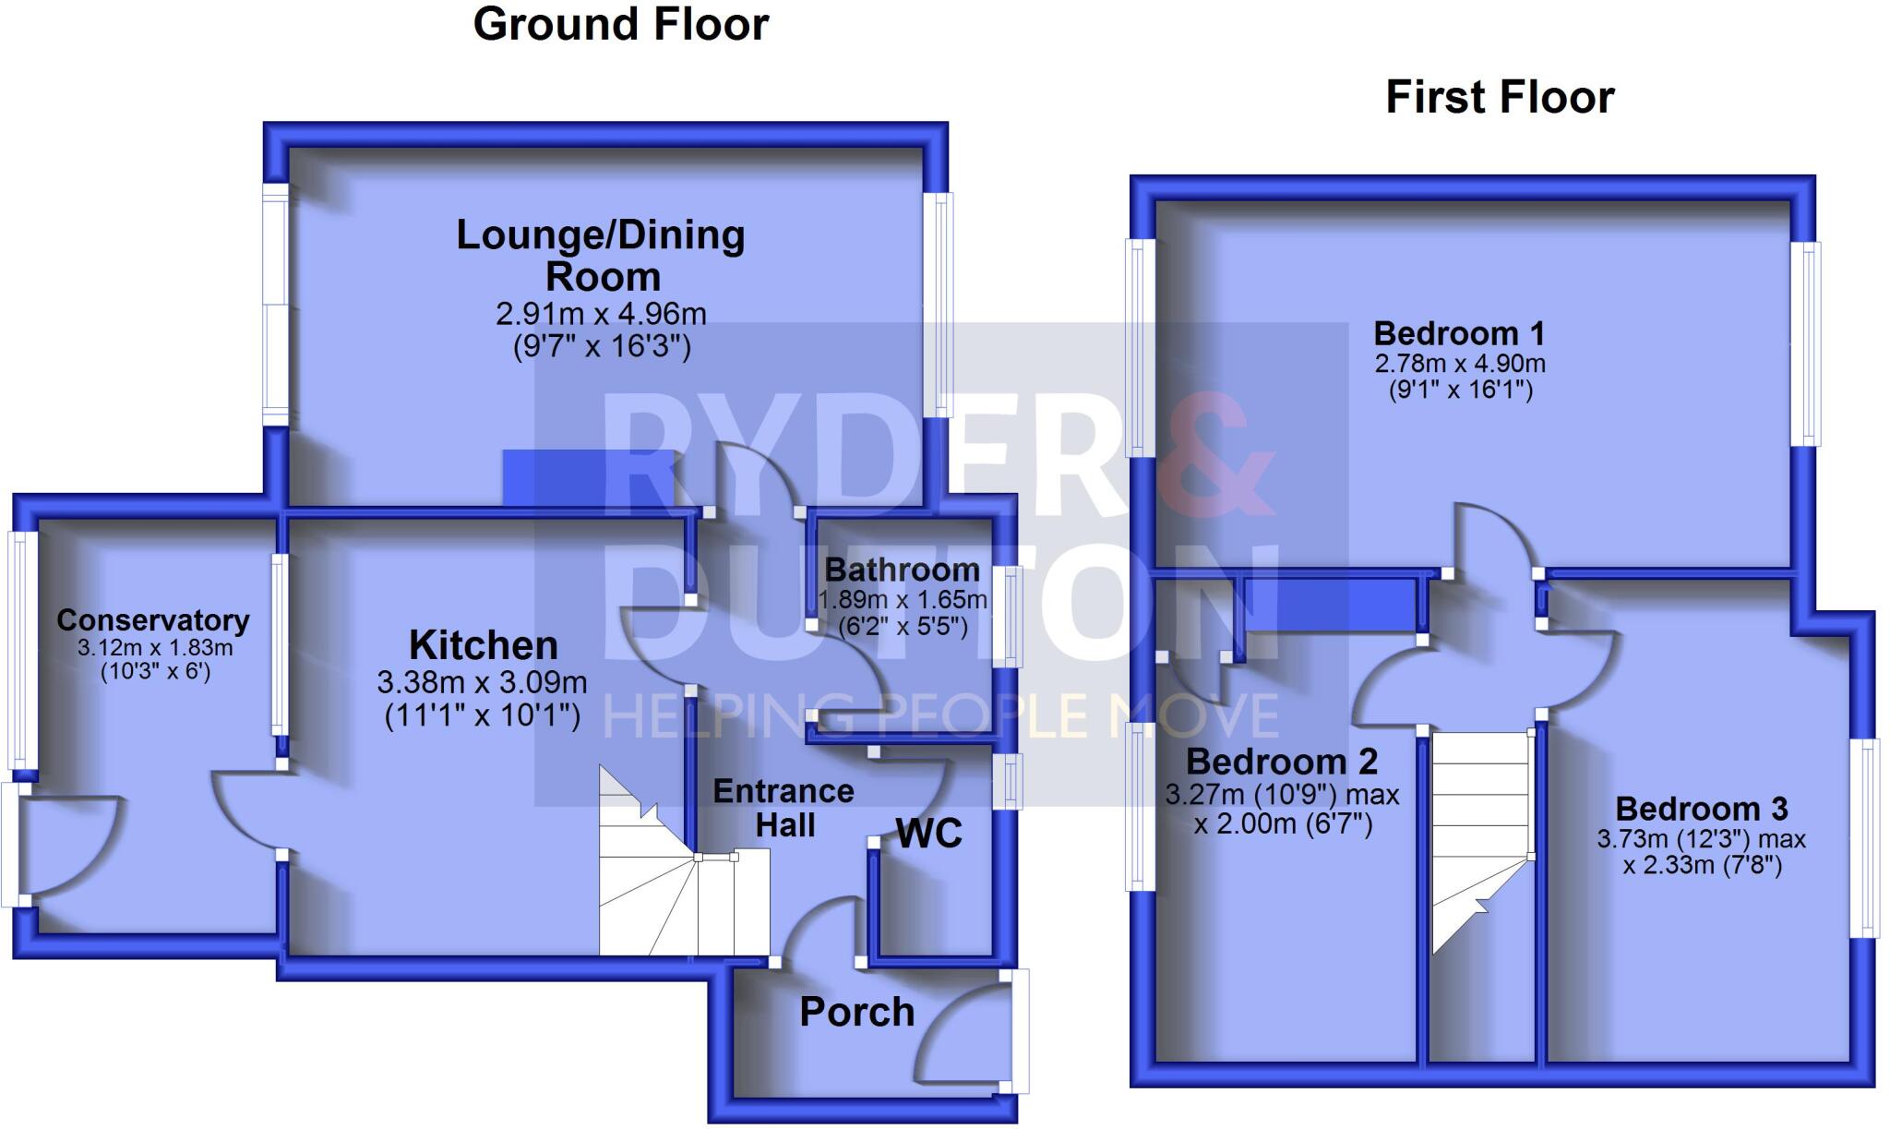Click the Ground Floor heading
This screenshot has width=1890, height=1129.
pos(620,24)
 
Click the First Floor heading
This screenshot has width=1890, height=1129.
pos(1500,98)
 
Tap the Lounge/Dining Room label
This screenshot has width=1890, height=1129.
pos(601,255)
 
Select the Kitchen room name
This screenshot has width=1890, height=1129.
pos(484,644)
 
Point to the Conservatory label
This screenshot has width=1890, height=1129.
pos(153,620)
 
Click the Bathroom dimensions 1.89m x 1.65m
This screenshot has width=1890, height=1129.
pos(903,600)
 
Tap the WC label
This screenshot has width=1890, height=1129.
pos(929,834)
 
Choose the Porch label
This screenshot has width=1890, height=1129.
pos(856,1013)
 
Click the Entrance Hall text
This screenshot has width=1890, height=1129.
pos(784,807)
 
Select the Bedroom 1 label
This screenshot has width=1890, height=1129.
pos(1459,333)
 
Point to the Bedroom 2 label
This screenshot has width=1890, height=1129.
pos(1282,762)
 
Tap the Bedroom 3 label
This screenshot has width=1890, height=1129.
pos(1702,809)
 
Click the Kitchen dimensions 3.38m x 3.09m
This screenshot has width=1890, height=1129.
pos(482,683)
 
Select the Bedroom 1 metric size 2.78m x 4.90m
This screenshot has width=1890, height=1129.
pos(1460,364)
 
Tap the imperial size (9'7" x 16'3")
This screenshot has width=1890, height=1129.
pos(602,346)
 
